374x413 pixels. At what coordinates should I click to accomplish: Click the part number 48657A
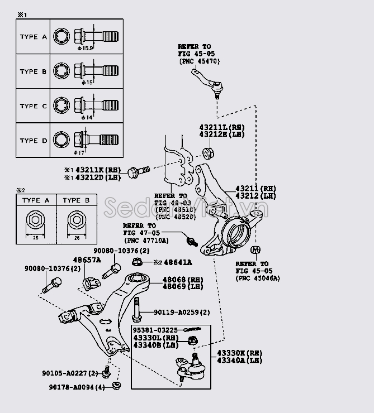click(87, 261)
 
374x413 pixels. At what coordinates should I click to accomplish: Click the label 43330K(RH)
click(239, 353)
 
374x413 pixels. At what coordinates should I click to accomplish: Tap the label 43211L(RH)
click(219, 128)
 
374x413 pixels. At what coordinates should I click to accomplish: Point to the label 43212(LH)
click(255, 196)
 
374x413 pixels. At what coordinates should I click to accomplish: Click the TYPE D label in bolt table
click(34, 141)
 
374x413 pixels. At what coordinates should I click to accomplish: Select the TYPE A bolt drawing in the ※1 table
click(87, 37)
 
